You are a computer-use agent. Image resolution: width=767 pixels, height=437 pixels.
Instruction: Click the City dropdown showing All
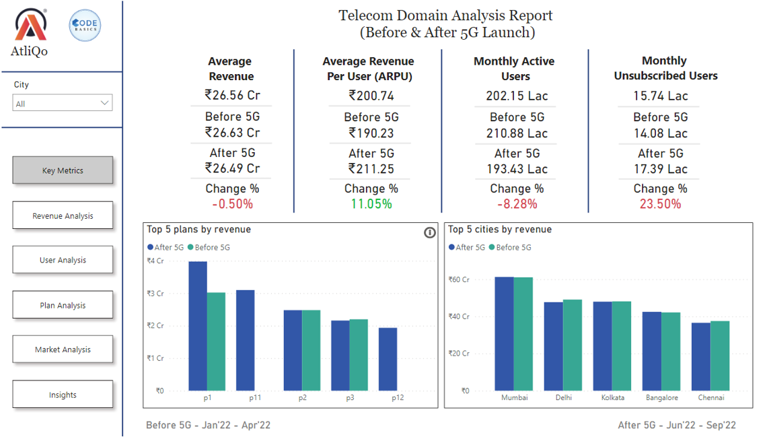[x=63, y=103]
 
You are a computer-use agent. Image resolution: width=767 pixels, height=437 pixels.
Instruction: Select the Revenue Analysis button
[x=63, y=216]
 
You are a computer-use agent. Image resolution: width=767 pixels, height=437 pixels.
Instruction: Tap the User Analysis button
[x=63, y=260]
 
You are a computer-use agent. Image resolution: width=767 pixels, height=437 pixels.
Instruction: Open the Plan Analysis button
[x=63, y=305]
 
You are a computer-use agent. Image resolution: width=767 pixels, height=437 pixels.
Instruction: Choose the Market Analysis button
[x=63, y=349]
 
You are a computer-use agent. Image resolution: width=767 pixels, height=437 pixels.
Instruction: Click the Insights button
[x=63, y=395]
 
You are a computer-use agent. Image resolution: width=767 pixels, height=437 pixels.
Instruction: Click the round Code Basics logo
[x=85, y=26]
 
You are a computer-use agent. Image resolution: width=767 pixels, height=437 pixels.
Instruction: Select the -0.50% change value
[x=232, y=204]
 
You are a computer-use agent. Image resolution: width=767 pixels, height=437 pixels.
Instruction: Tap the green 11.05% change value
[x=371, y=204]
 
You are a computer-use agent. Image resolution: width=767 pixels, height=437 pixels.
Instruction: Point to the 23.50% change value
[x=660, y=204]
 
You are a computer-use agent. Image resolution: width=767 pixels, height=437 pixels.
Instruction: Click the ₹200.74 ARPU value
[x=371, y=96]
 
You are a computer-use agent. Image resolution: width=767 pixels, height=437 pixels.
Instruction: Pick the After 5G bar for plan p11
[x=246, y=340]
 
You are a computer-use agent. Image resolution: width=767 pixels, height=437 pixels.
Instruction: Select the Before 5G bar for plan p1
[x=216, y=341]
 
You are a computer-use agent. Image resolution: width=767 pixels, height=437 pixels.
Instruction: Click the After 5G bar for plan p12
[x=388, y=359]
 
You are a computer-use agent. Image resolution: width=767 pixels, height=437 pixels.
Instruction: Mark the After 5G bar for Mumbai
[x=504, y=333]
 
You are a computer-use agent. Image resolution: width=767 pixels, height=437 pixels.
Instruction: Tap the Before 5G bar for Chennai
[x=720, y=356]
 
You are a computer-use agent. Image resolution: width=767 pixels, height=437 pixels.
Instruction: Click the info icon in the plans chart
[x=430, y=233]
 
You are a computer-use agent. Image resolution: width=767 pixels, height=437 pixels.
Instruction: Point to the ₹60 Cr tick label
[x=459, y=279]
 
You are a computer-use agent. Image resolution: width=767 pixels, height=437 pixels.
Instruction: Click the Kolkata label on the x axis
[x=613, y=398]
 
